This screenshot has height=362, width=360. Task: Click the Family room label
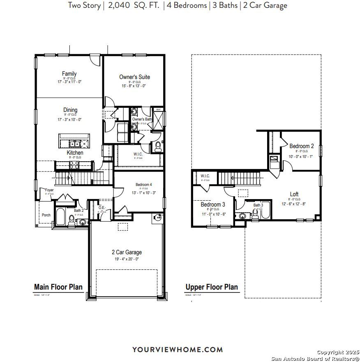69,74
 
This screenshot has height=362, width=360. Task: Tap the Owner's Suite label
134,77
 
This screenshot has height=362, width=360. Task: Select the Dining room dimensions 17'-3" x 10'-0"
70,120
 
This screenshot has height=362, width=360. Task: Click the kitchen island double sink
75,144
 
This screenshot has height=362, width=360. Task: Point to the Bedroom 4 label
144,185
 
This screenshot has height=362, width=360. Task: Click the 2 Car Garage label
127,252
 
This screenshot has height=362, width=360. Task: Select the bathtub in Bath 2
60,217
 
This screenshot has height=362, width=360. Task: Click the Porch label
46,215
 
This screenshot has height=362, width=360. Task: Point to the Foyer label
49,190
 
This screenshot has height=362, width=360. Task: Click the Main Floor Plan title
58,287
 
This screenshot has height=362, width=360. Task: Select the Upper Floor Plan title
211,287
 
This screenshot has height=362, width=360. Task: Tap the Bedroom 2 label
302,146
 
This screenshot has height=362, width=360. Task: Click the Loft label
294,194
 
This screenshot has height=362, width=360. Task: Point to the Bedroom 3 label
213,204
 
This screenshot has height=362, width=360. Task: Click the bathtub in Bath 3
265,211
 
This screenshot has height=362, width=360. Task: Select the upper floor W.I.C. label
205,176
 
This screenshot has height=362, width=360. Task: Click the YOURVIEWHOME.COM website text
178,350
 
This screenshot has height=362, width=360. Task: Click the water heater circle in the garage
157,219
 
